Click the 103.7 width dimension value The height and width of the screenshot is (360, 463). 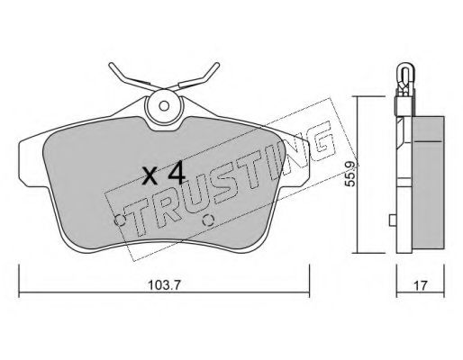[x=164, y=285]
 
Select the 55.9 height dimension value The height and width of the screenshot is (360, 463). [x=350, y=175]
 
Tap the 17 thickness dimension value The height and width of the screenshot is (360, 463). [x=420, y=285]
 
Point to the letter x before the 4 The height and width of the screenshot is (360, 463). [x=150, y=175]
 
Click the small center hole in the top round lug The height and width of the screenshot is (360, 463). [x=164, y=106]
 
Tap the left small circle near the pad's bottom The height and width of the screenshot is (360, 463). [x=120, y=220]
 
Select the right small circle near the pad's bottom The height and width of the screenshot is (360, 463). [x=208, y=220]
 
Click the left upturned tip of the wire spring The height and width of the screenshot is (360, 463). [x=111, y=64]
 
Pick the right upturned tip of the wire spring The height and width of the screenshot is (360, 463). [x=217, y=64]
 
